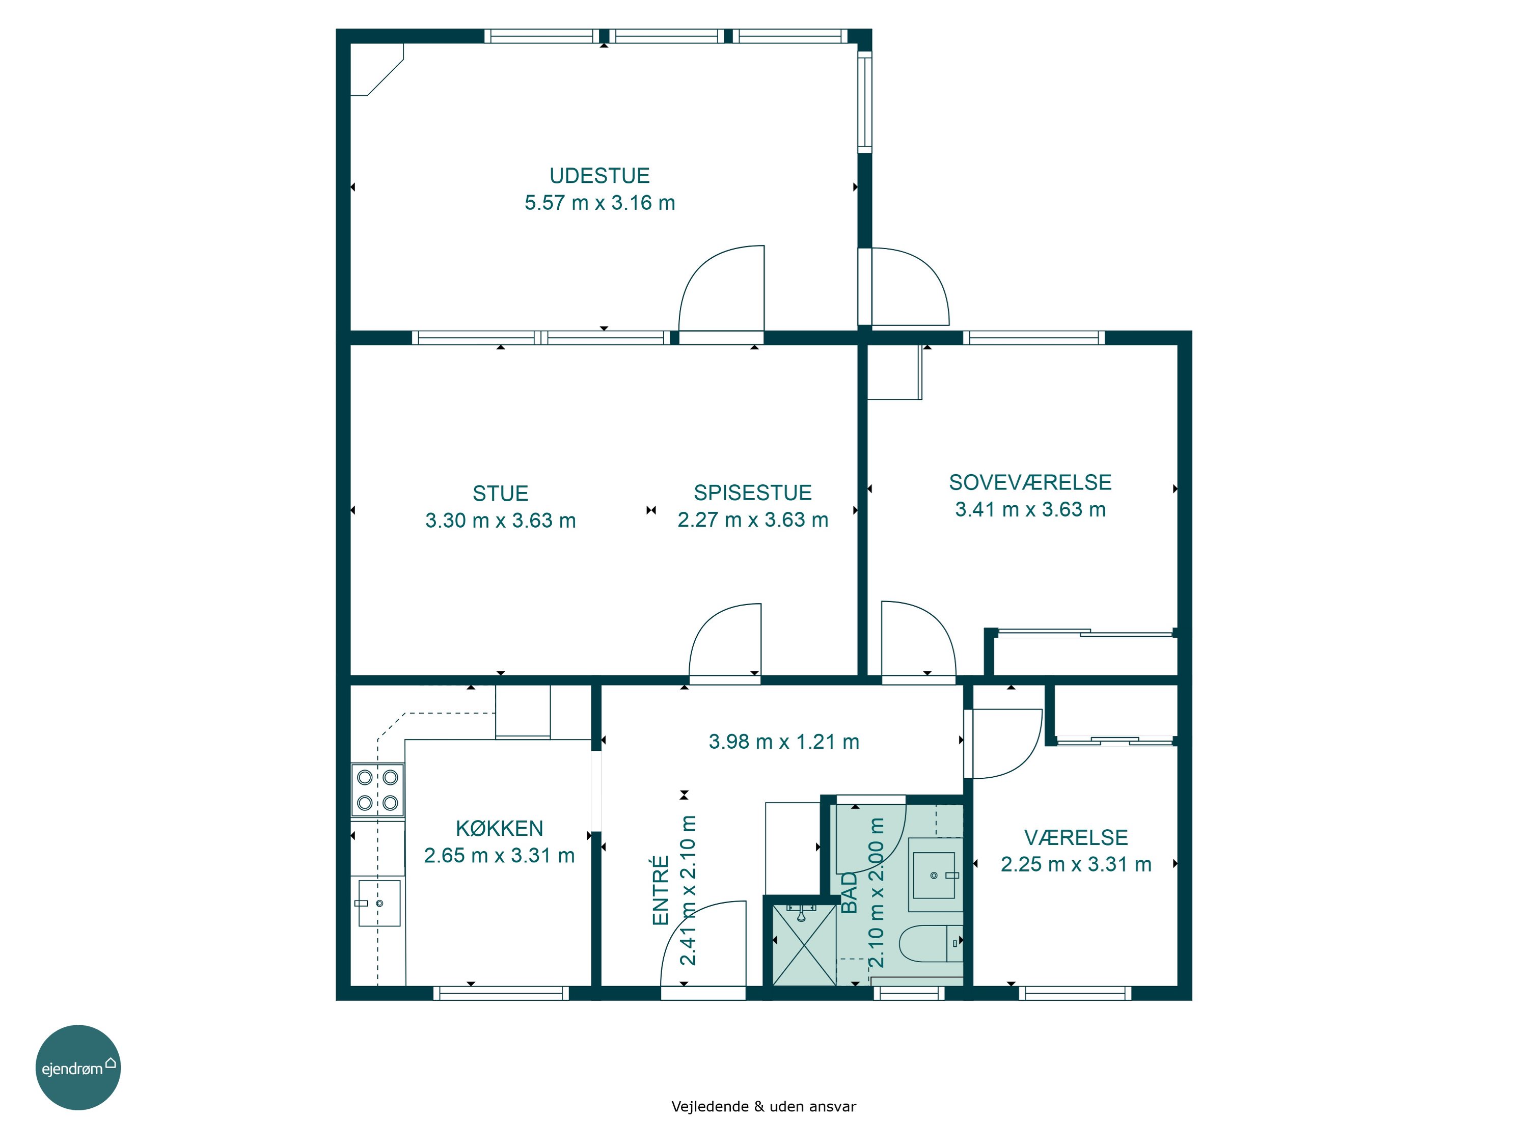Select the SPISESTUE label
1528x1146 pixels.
click(752, 493)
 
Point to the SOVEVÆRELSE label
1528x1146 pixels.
click(1030, 482)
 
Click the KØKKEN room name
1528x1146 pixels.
click(500, 828)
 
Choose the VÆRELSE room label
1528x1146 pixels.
click(1076, 837)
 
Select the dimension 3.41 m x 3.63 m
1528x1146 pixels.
click(1030, 509)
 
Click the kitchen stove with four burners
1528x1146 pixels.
click(377, 789)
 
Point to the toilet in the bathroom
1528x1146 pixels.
click(931, 943)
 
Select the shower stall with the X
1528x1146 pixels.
click(803, 944)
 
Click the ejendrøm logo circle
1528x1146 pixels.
click(78, 1067)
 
